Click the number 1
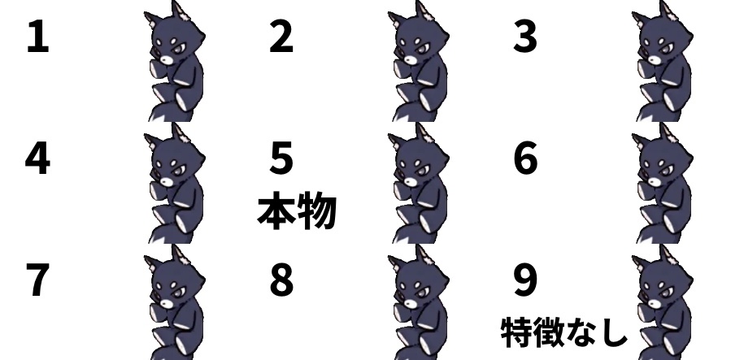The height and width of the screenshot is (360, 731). point(37,37)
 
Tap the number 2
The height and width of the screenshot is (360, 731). point(281,37)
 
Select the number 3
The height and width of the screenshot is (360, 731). point(525,37)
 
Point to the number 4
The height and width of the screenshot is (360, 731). point(37,158)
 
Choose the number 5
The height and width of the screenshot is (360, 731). point(281,158)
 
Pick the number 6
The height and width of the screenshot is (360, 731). point(525,158)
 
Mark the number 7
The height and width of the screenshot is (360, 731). point(37,280)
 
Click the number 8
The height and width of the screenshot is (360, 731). point(281,280)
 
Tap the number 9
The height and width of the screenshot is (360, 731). point(525,280)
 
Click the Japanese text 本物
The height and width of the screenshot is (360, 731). point(297,211)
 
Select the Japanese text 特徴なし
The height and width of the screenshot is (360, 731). point(563,332)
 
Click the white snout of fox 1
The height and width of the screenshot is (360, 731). point(167,60)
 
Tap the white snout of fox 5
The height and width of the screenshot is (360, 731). point(411,182)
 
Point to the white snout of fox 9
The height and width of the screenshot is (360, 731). point(655,304)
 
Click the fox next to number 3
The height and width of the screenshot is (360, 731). point(663,61)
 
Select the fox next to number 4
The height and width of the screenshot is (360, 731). point(175,183)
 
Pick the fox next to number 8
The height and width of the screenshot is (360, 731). point(419,302)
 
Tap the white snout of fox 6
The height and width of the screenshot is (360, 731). point(655,182)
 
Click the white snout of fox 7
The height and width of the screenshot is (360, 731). point(167,304)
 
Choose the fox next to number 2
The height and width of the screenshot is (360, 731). point(419,61)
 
